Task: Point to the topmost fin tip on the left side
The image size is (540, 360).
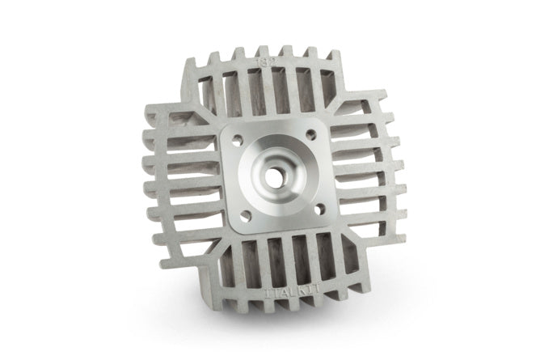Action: pyautogui.click(x=148, y=134)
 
